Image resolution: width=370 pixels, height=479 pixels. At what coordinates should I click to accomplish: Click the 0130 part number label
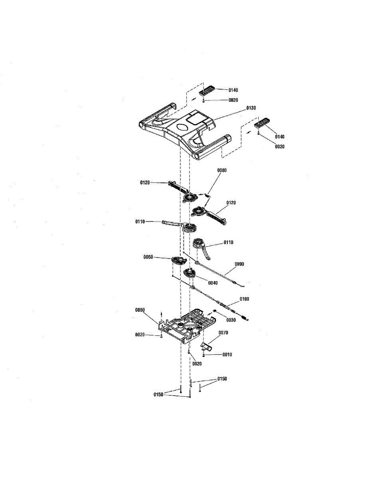(251, 108)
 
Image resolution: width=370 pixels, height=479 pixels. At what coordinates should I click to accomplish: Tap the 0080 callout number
(222, 170)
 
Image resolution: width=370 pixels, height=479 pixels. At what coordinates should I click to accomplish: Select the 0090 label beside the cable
(239, 264)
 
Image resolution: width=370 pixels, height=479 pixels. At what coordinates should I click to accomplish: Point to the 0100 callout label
(244, 299)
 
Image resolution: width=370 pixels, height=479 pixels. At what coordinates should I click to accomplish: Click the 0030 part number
(231, 320)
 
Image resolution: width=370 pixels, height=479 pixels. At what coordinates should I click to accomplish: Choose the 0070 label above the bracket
(224, 332)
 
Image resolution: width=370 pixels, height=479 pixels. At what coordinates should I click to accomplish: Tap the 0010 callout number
(227, 354)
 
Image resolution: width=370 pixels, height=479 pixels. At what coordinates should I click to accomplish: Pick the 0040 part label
(212, 283)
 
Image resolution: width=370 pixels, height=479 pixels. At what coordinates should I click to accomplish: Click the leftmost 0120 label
(145, 182)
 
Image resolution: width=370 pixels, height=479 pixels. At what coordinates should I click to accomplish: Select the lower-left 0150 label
(159, 394)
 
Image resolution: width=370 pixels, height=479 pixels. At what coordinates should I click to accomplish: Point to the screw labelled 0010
(204, 355)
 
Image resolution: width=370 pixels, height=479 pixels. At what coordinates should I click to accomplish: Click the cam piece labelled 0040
(190, 274)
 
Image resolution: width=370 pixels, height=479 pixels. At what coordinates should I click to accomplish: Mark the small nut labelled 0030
(215, 311)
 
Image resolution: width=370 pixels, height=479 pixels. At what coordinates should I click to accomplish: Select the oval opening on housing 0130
(181, 128)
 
